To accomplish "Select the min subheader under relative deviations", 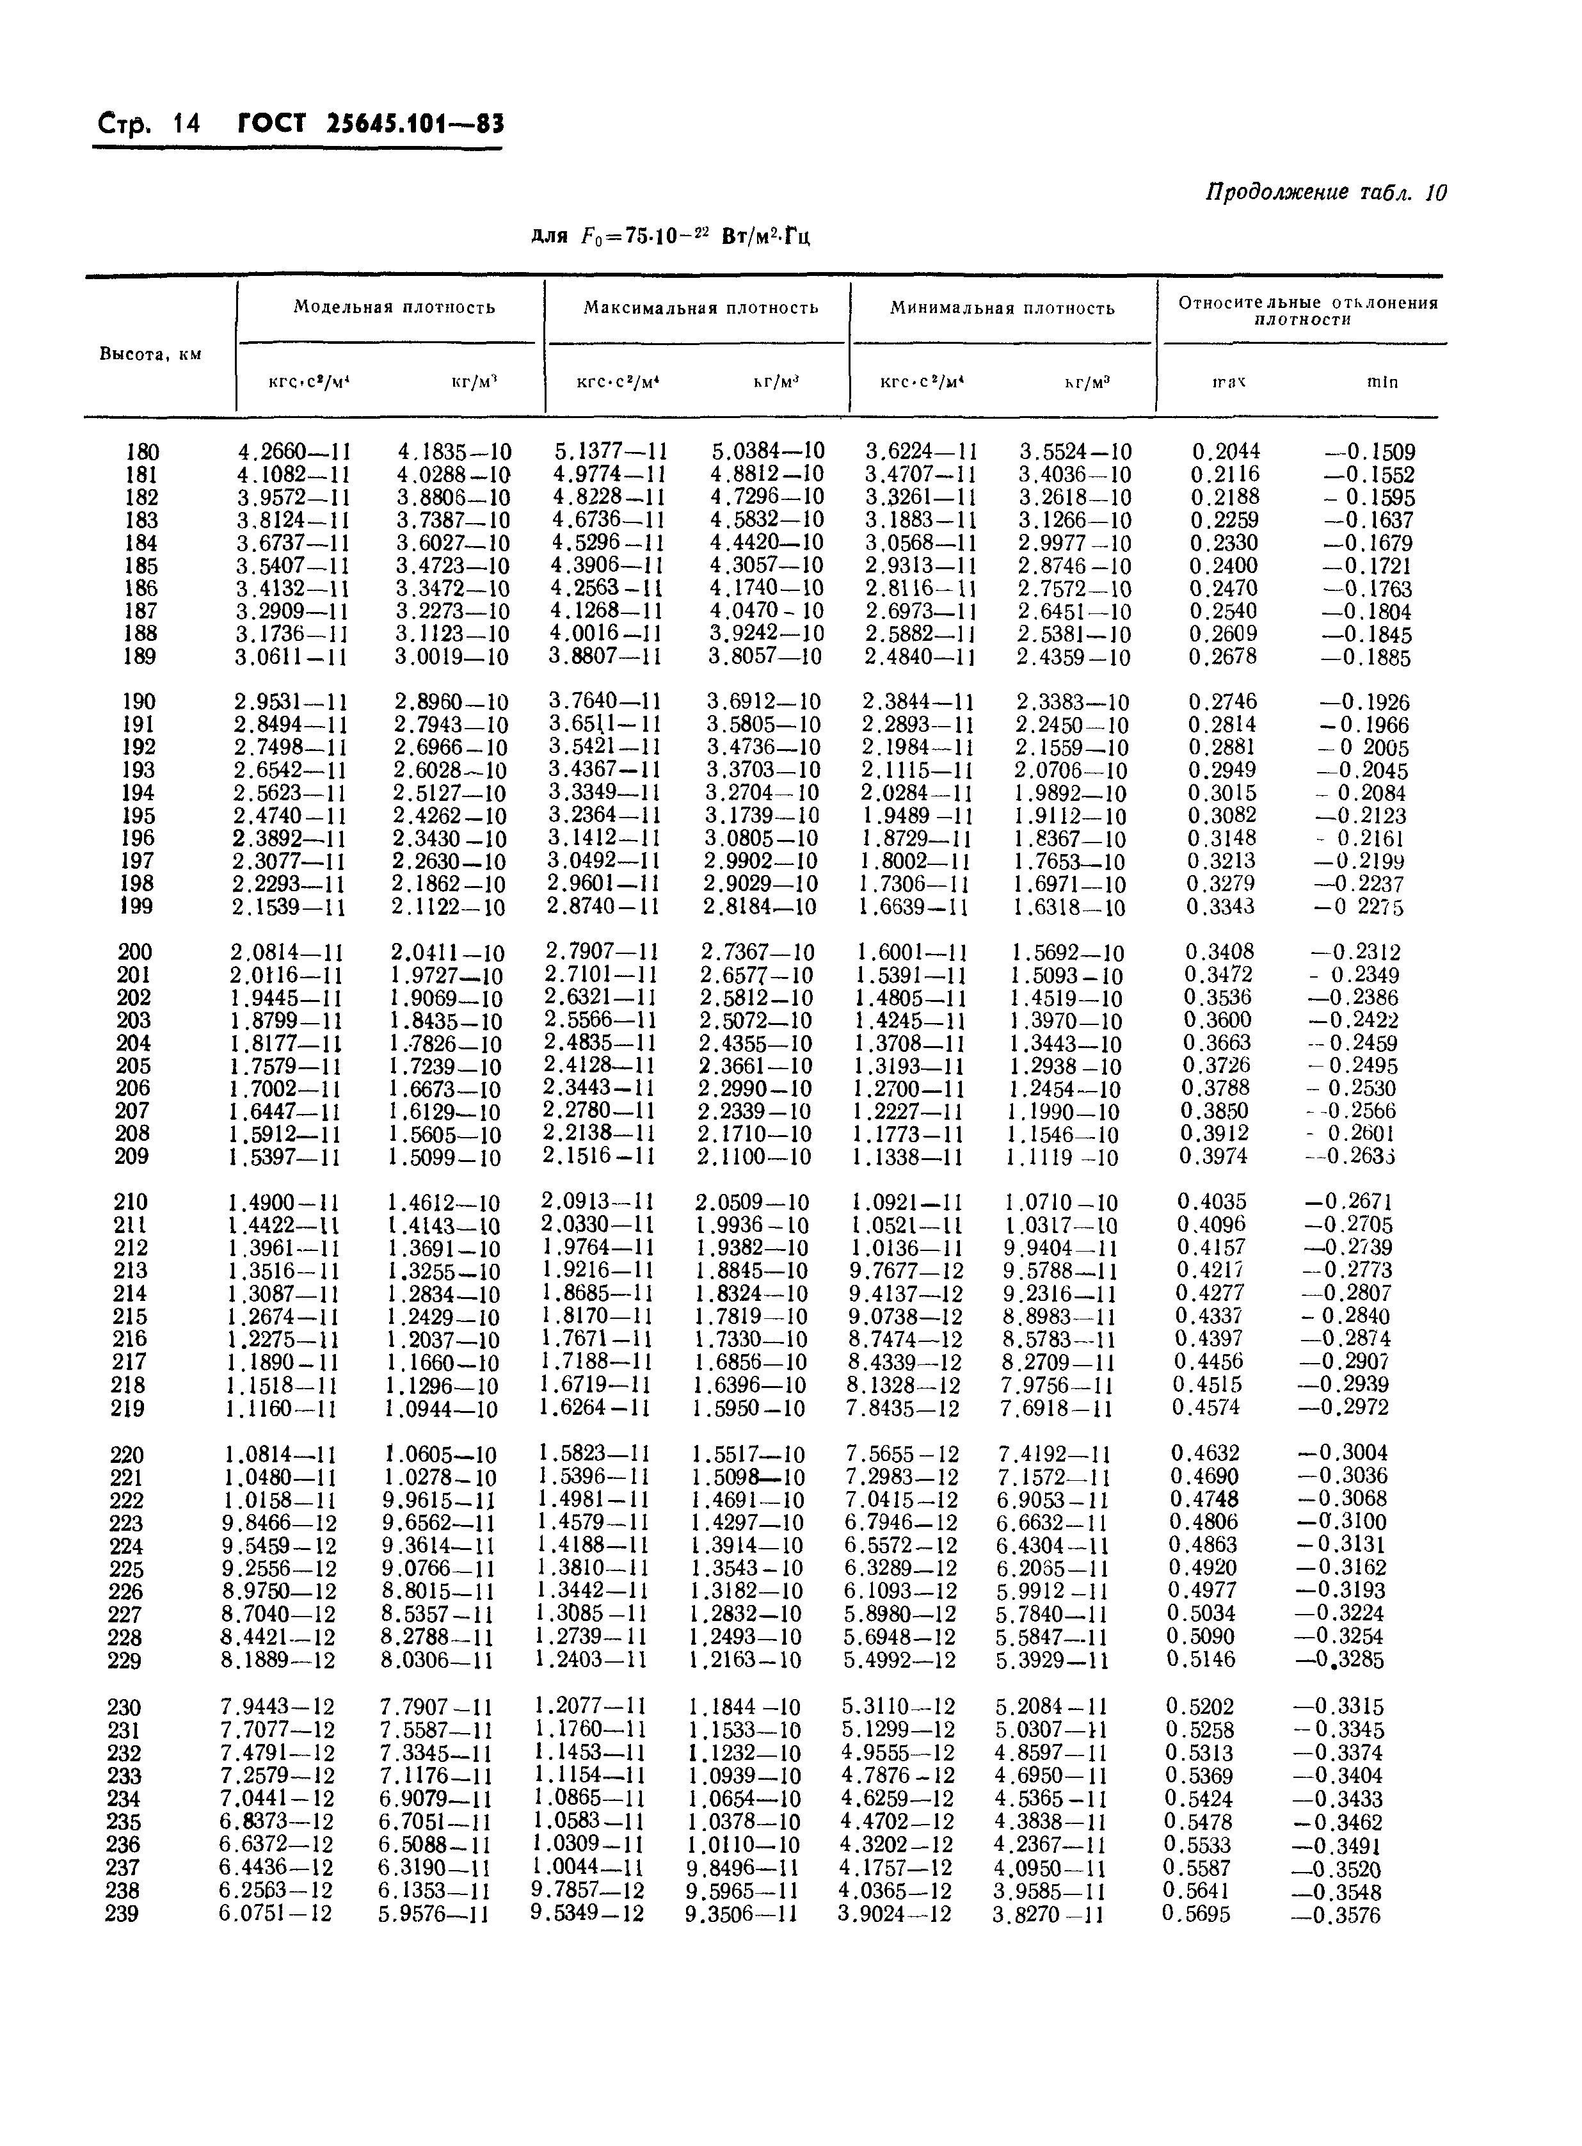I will coord(1382,382).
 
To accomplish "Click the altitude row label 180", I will coord(141,451).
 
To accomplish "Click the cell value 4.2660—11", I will coord(293,451).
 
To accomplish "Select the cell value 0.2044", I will coord(1225,451).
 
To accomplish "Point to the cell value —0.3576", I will coord(1335,1914).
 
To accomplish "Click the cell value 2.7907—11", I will coord(602,951).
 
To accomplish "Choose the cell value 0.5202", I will coord(1200,1706).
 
